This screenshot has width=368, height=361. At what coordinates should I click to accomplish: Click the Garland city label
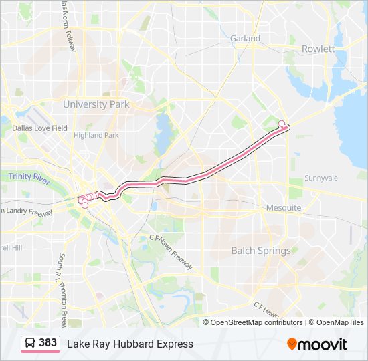tap(245, 39)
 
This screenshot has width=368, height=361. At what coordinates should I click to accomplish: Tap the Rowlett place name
tap(318, 49)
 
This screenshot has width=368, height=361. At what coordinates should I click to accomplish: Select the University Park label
tap(96, 104)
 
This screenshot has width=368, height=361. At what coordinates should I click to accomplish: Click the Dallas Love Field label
tap(39, 128)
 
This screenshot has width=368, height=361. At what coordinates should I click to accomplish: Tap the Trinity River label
tap(29, 177)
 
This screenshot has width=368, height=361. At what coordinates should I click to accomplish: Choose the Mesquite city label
tap(284, 208)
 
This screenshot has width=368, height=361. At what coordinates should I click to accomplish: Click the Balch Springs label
tap(261, 251)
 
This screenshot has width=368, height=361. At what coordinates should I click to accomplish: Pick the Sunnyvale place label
tap(321, 178)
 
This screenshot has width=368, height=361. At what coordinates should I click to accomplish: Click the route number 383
tap(48, 343)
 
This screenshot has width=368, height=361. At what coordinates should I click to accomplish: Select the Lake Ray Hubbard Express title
tap(130, 344)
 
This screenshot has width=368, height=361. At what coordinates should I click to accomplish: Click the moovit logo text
tap(323, 344)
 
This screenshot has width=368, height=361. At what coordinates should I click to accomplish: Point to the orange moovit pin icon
tap(292, 344)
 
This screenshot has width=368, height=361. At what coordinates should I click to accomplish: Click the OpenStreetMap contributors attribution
tap(256, 322)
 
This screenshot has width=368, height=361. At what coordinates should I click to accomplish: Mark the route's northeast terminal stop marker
tap(282, 124)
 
